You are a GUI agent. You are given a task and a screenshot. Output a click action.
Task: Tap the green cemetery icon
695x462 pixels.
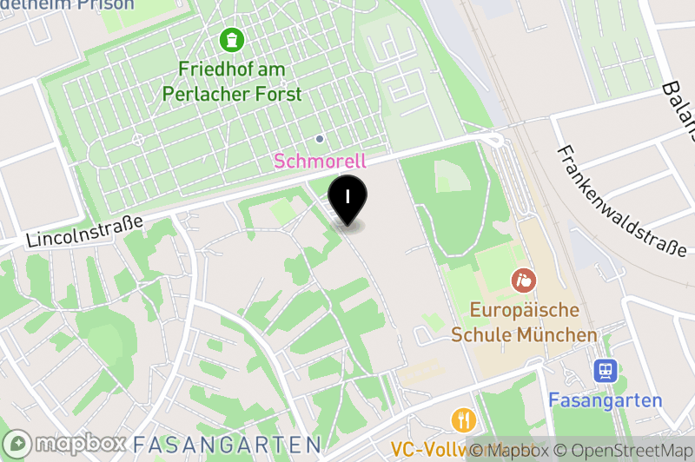pyautogui.click(x=232, y=39)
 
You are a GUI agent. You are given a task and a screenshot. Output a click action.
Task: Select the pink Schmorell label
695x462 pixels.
pyautogui.click(x=320, y=161)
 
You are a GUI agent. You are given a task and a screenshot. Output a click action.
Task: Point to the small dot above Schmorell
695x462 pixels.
pyautogui.click(x=320, y=138)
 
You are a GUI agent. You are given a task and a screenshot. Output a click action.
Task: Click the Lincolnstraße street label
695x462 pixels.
pyautogui.click(x=84, y=231)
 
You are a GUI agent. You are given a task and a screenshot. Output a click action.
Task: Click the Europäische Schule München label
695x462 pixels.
pyautogui.click(x=524, y=322)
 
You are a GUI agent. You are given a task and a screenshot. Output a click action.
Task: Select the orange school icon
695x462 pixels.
pyautogui.click(x=524, y=280)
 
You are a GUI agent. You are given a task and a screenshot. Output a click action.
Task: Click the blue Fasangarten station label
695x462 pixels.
pyautogui.click(x=606, y=401)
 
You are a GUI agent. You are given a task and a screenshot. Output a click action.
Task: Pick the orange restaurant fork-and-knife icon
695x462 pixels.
pyautogui.click(x=463, y=420)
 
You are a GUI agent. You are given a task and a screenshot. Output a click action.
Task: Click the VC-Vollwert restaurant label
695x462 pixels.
pyautogui.click(x=430, y=450)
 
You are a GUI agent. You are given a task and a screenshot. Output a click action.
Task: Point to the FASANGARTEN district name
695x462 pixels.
pyautogui.click(x=226, y=444)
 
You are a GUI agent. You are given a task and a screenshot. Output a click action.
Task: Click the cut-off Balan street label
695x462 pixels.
pyautogui.click(x=678, y=109)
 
